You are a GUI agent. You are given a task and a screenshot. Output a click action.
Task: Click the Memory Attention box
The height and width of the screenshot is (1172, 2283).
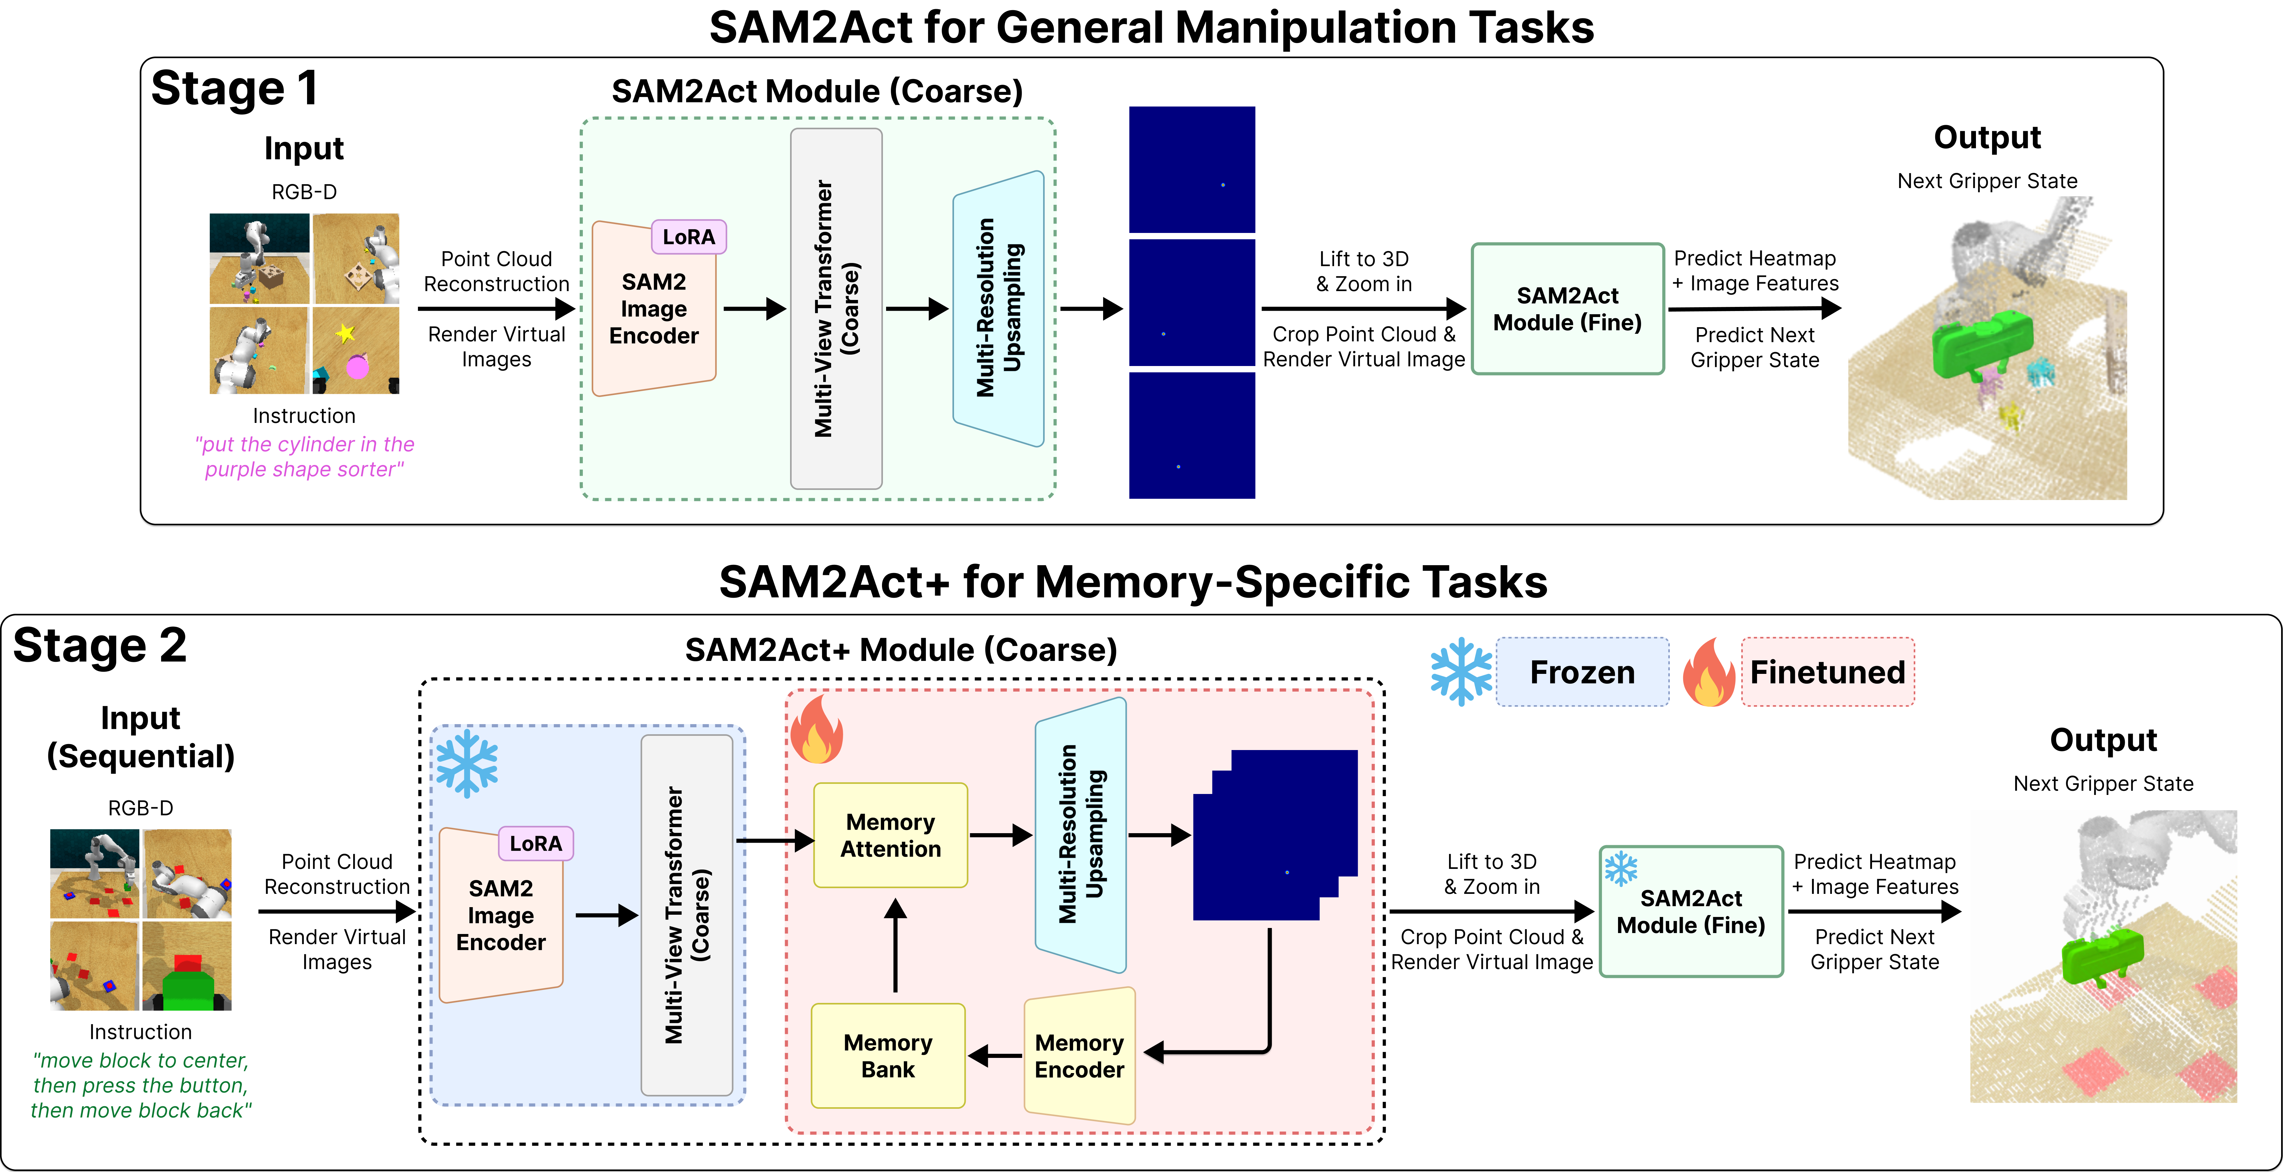coord(890,835)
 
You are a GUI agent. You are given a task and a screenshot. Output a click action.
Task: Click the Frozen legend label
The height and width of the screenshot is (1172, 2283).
coord(1582,672)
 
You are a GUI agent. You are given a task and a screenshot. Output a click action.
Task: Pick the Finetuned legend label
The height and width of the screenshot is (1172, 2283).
coord(1827,672)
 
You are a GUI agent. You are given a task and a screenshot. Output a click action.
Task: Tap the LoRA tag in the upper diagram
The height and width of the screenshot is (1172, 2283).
coord(689,237)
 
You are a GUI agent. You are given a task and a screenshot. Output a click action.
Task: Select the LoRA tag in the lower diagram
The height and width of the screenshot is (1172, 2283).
coord(535,843)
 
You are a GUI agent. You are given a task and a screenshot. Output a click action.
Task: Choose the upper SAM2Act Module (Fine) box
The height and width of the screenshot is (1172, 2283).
coord(1567,308)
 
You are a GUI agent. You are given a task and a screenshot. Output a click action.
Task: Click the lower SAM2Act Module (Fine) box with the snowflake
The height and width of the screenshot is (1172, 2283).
coord(1691,911)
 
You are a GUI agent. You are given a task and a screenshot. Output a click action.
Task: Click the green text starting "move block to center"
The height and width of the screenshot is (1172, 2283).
coord(141,1085)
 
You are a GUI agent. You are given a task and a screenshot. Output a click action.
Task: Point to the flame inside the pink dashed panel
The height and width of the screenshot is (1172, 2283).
coord(815,729)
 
